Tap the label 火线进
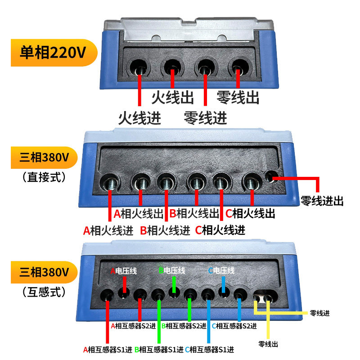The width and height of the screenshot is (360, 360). [x=139, y=118]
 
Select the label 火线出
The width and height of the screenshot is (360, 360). [x=172, y=97]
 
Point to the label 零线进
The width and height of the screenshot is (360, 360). [x=206, y=118]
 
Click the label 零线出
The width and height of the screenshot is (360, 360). [x=238, y=97]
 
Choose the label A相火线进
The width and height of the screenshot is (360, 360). [x=108, y=231]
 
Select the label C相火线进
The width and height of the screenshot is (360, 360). [x=220, y=231]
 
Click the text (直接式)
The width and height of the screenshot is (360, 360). [x=44, y=177]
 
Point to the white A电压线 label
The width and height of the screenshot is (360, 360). [x=124, y=271]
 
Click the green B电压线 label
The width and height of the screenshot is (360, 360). [x=172, y=271]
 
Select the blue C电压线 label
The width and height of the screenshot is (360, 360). [x=221, y=271]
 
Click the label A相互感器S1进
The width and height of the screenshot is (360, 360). [x=108, y=349]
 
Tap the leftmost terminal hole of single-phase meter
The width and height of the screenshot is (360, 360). [x=139, y=67]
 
